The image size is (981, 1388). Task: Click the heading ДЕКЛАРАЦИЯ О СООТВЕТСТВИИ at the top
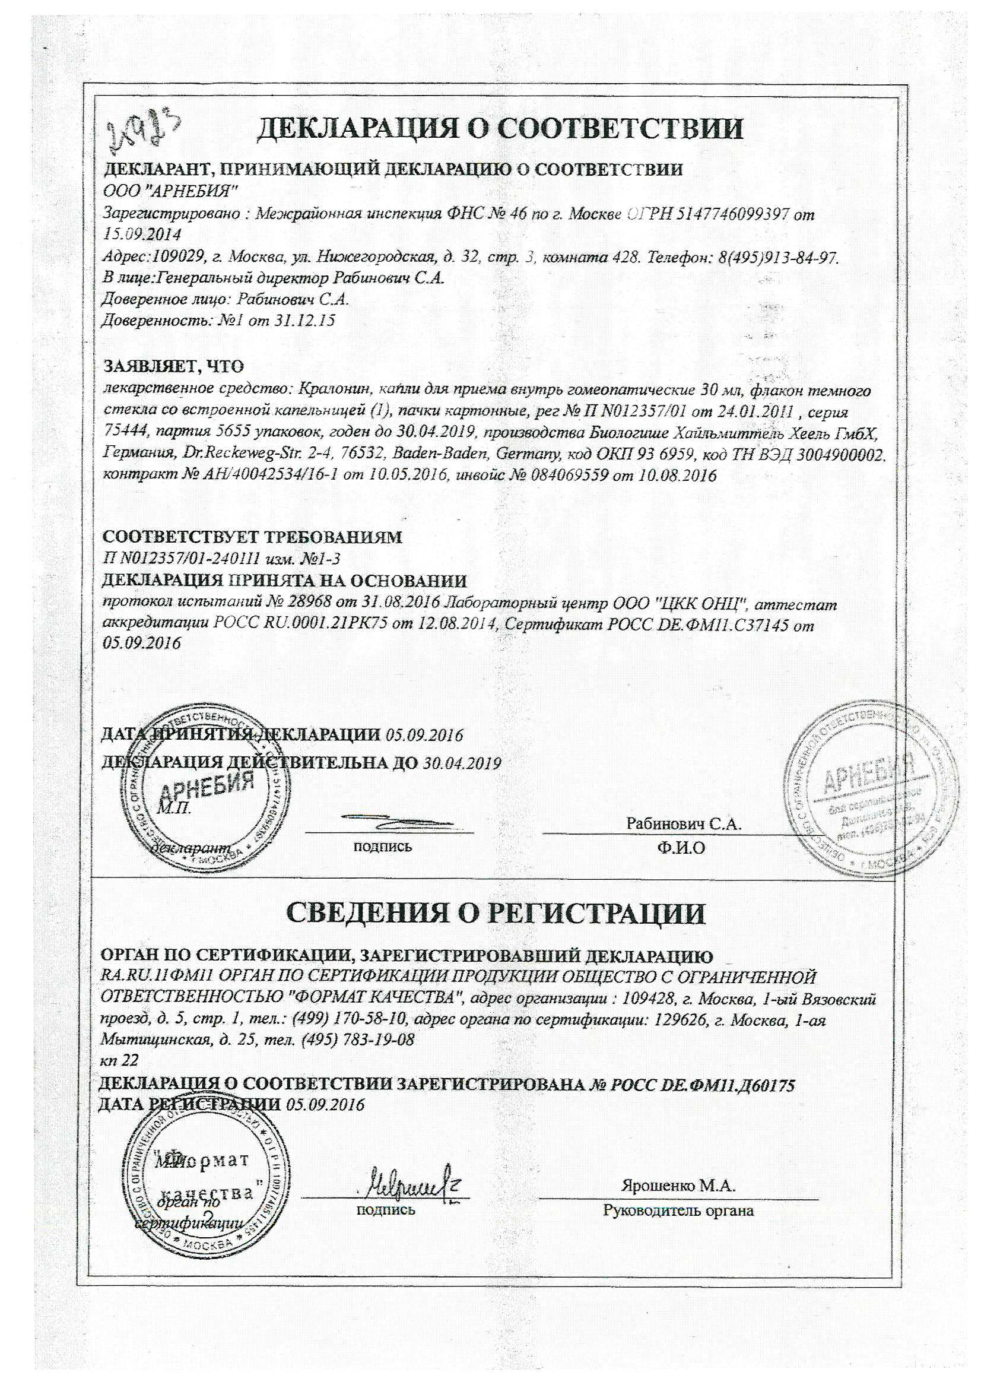tap(500, 129)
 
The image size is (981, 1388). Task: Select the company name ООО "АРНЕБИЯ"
tap(170, 192)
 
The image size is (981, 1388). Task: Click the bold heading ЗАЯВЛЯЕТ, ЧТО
tap(173, 366)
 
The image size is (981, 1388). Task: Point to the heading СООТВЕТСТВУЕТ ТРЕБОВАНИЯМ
tap(253, 537)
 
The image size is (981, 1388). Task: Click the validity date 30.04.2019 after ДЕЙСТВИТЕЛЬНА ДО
tap(462, 763)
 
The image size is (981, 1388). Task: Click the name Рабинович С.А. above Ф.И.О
tap(684, 823)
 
